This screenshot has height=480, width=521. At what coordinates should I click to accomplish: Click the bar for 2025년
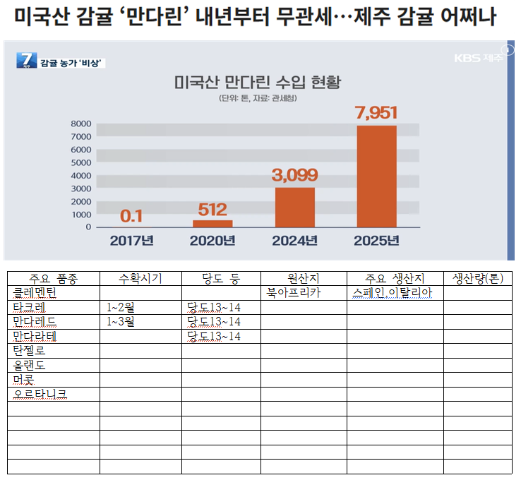pyautogui.click(x=376, y=176)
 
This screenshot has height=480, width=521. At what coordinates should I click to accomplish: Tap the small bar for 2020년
pyautogui.click(x=212, y=224)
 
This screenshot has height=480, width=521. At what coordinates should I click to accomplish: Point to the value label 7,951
pyautogui.click(x=377, y=112)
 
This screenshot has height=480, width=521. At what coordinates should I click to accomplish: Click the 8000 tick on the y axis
pyautogui.click(x=80, y=124)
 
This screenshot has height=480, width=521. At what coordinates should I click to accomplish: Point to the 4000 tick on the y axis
pyautogui.click(x=80, y=176)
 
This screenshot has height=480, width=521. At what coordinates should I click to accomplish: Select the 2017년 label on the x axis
pyautogui.click(x=132, y=241)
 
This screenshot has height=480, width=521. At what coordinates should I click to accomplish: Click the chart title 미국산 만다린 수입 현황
pyautogui.click(x=257, y=83)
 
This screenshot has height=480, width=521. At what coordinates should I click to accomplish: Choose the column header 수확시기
pyautogui.click(x=140, y=277)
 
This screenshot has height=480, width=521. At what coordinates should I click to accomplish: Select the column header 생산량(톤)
pyautogui.click(x=477, y=277)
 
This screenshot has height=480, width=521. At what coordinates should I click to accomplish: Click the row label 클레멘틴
pyautogui.click(x=39, y=292)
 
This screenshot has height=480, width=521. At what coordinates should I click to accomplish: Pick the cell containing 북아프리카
pyautogui.click(x=294, y=292)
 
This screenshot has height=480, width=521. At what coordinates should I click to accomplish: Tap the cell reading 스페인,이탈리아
pyautogui.click(x=392, y=292)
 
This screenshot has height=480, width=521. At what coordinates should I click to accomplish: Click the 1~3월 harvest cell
pyautogui.click(x=121, y=322)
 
